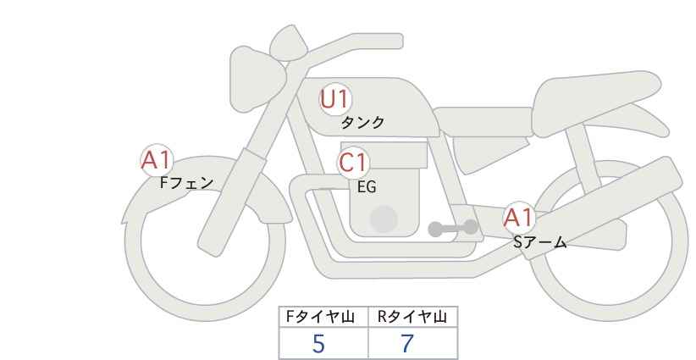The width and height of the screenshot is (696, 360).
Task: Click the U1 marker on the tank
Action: click(335, 99)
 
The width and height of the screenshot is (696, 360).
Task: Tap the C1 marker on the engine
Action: click(353, 163)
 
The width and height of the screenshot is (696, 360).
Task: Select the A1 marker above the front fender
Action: click(157, 160)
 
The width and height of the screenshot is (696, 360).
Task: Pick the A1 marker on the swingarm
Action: click(519, 218)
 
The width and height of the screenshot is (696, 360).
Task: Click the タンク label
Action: click(362, 122)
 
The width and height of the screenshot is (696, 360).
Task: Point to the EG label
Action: click(367, 187)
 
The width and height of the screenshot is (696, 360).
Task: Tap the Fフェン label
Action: click(186, 183)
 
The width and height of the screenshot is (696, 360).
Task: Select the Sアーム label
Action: click(539, 242)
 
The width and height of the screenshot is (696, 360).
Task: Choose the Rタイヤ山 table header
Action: click(412, 317)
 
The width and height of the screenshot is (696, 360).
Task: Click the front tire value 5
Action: click(318, 344)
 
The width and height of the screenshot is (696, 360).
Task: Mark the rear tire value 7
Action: click(407, 344)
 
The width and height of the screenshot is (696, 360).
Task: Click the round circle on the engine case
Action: click(384, 219)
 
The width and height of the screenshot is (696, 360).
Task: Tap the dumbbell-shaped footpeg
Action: click(453, 228)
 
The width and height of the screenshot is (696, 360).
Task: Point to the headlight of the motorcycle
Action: click(256, 79)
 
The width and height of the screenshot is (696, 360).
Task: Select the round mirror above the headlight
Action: click(289, 43)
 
